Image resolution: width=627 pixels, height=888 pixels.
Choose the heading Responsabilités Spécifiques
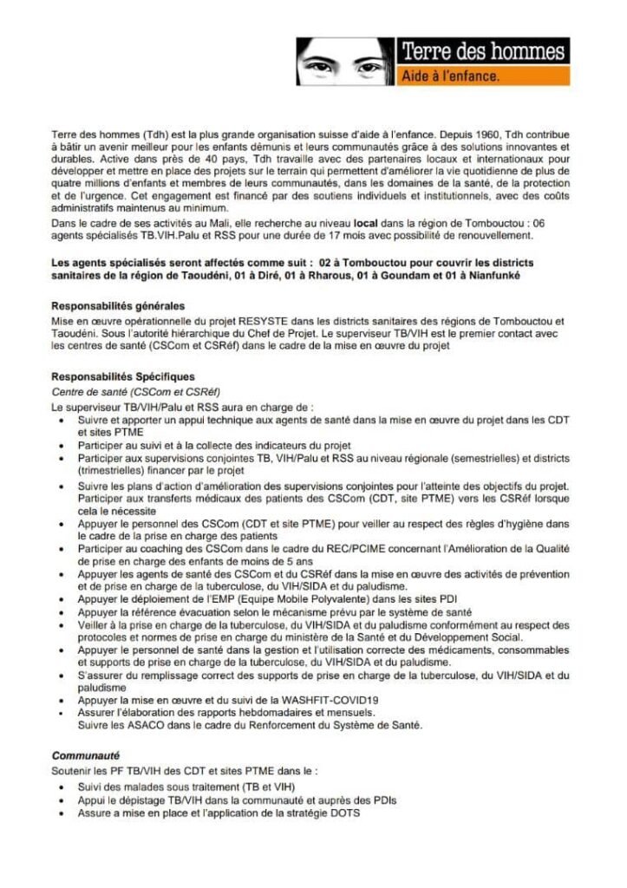tap(123, 377)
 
